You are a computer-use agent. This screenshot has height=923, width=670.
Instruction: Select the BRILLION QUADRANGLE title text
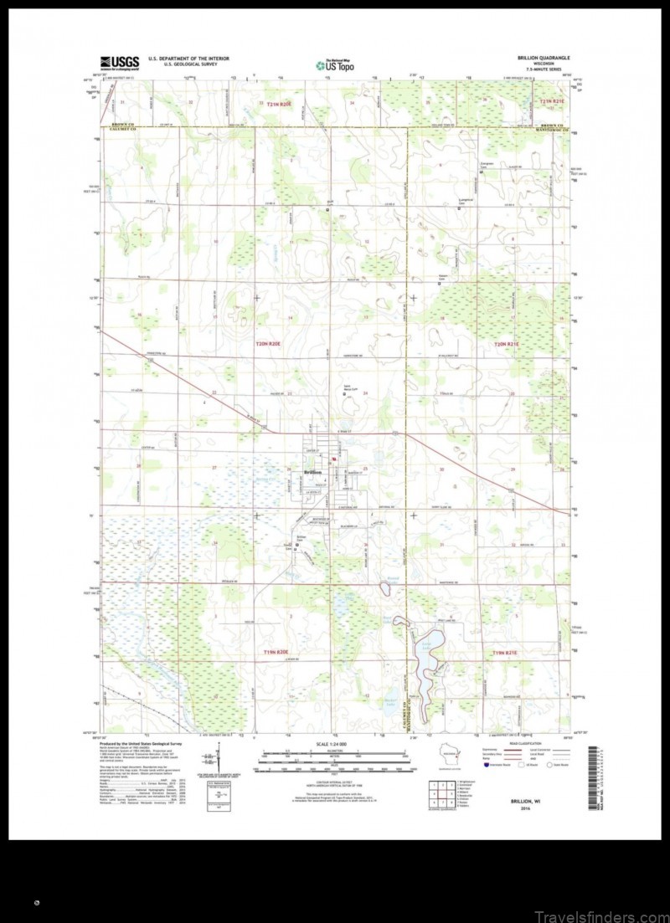point(544,58)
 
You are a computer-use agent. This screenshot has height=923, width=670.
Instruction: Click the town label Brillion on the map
point(312,473)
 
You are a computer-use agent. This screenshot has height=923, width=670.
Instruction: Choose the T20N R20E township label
point(271,344)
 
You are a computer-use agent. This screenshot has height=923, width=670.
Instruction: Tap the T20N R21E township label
point(507,344)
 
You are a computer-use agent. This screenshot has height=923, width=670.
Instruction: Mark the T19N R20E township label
point(275,651)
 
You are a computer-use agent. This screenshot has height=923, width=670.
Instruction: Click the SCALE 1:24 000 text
point(333,744)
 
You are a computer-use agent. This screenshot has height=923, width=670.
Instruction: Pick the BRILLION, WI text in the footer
point(527,801)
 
